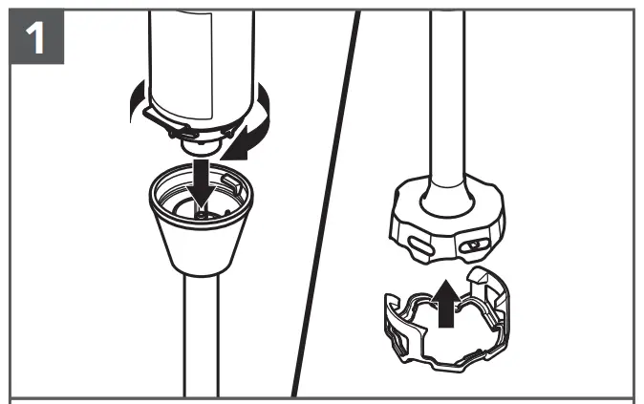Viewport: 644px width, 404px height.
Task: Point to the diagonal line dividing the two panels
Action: [x=325, y=201]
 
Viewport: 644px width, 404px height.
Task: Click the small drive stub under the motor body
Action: [x=198, y=146]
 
